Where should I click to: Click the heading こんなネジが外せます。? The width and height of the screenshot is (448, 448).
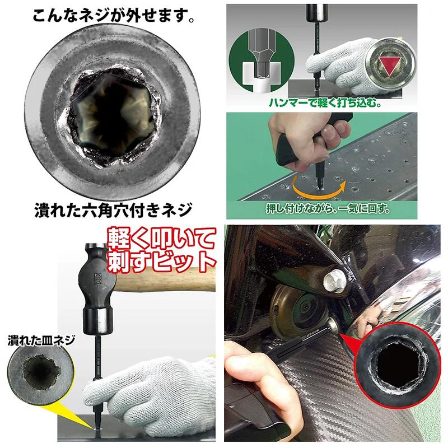click(114, 16)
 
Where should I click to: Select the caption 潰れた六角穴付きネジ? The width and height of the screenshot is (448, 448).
click(113, 210)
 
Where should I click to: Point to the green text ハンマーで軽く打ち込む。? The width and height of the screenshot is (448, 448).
click(325, 102)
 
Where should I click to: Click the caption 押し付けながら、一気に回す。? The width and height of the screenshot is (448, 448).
click(328, 209)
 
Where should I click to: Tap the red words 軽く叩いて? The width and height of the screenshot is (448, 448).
click(161, 238)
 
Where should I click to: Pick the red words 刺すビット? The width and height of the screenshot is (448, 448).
click(161, 262)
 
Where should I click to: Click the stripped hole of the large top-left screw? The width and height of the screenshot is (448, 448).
click(113, 116)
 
